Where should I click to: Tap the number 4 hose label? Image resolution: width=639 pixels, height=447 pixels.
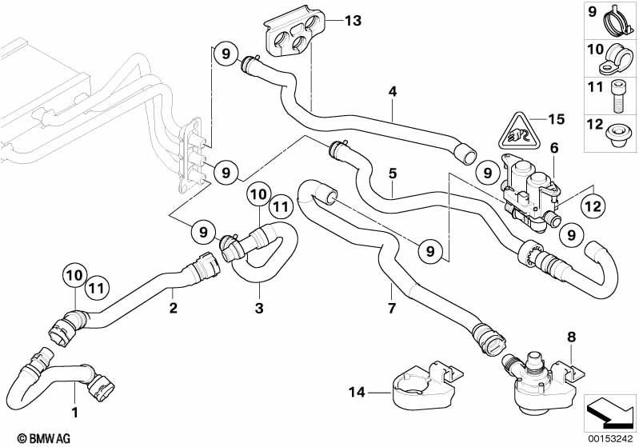click(x=393, y=91)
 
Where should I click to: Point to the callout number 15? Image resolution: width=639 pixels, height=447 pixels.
click(x=557, y=119)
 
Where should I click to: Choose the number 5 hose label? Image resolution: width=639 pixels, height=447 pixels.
click(x=393, y=172)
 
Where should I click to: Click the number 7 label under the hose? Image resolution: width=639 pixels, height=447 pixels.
click(x=390, y=307)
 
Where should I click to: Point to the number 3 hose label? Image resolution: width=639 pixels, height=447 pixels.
click(x=257, y=307)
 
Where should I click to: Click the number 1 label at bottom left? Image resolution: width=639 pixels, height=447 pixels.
click(x=75, y=413)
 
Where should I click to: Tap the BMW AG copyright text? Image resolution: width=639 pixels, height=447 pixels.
click(x=30, y=438)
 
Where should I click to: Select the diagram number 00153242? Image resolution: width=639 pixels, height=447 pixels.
click(x=612, y=438)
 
